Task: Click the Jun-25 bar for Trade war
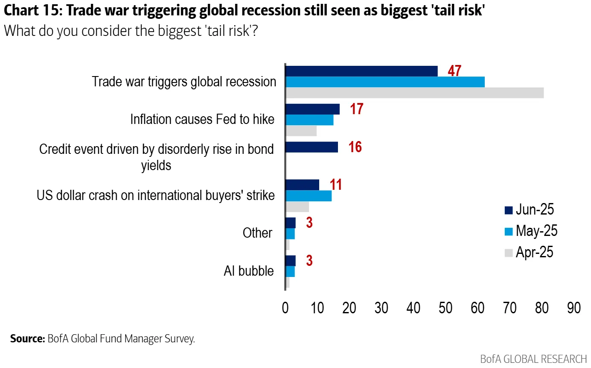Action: [x=361, y=71]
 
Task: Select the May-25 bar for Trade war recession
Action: [x=385, y=82]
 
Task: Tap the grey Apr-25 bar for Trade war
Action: [x=414, y=93]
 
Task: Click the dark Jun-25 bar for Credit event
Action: [x=312, y=147]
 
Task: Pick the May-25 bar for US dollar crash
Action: [x=309, y=196]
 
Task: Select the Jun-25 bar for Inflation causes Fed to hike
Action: [x=312, y=109]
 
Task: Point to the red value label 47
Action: [x=454, y=71]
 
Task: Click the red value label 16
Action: [x=355, y=147]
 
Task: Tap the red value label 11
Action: [x=335, y=185]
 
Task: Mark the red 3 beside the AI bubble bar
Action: [x=309, y=261]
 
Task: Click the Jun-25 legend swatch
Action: [x=508, y=210]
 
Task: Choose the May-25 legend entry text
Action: [x=536, y=231]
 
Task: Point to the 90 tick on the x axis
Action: [x=574, y=308]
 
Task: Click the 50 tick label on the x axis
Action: [x=445, y=308]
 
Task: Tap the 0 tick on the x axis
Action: [x=285, y=308]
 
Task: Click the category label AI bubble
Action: [x=249, y=271]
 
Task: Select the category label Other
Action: [x=257, y=233]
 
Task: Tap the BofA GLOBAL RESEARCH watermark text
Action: [x=533, y=359]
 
